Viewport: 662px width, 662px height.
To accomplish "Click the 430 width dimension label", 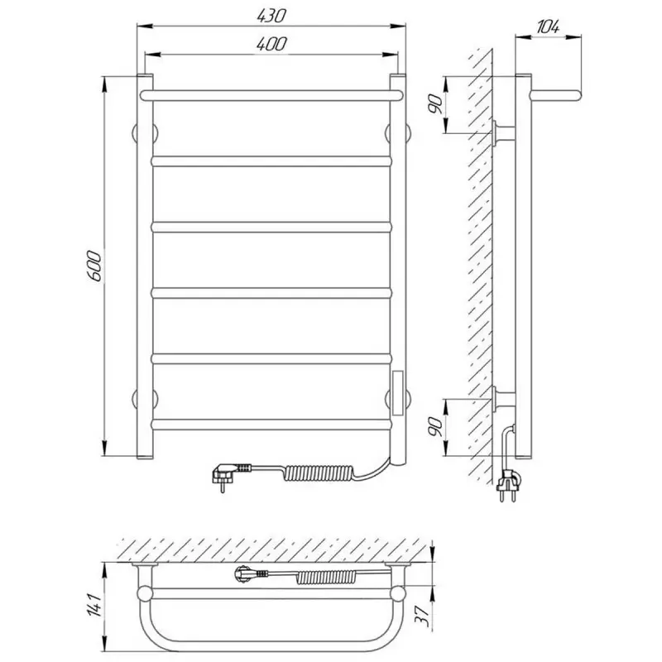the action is (271, 16).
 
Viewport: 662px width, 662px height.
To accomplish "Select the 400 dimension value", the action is (271, 44).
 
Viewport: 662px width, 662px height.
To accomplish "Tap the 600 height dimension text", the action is (94, 266).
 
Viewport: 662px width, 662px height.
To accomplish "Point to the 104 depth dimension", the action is (548, 27).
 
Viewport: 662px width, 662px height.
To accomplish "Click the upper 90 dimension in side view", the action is (435, 104).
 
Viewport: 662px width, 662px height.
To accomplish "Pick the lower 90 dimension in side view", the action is (435, 427).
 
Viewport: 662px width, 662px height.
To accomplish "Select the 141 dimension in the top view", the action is (95, 605).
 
